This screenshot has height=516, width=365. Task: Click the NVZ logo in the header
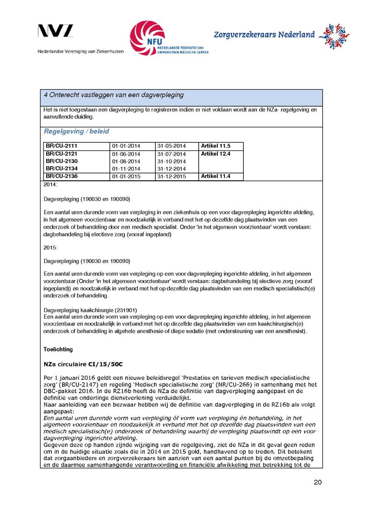point(56,31)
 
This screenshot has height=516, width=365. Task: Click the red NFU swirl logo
point(147,38)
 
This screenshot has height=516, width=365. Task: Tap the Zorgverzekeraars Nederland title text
point(264,35)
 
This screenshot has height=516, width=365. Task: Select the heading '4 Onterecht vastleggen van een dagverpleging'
point(114,95)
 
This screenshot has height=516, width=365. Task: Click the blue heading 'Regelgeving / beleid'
point(76,132)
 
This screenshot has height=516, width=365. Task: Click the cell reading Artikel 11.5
point(215,146)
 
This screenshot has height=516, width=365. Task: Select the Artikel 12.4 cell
point(215,154)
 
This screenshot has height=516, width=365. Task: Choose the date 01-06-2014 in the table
point(126,154)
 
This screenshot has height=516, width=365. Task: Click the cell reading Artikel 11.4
point(215,176)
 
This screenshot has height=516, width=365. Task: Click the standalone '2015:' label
point(50,247)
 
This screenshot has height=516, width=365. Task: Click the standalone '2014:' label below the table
point(50,184)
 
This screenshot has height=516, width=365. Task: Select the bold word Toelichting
point(58,349)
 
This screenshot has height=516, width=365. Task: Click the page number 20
point(318,482)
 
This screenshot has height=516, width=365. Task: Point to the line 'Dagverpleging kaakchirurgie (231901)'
point(87,310)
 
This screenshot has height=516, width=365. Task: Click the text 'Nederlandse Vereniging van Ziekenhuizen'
point(81,51)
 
